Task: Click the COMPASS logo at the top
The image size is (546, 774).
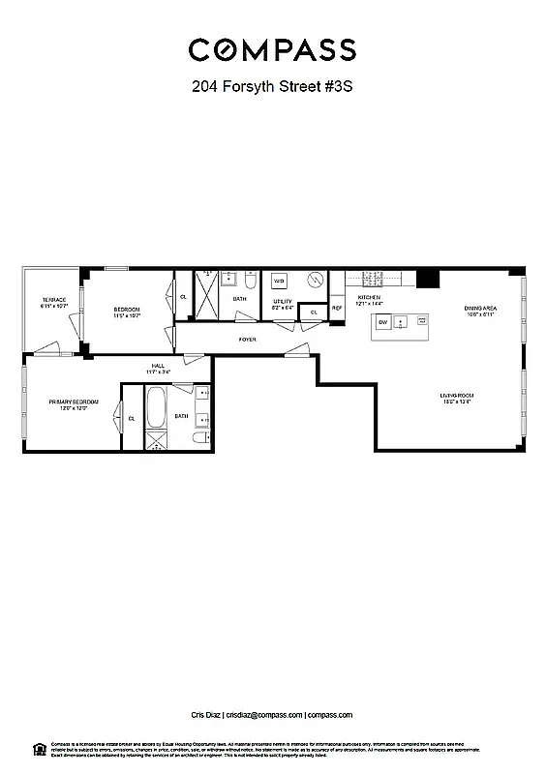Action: coord(272,49)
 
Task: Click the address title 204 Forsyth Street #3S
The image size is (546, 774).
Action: coord(272,86)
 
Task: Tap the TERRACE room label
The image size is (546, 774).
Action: coord(52,300)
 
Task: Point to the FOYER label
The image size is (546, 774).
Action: coord(248,340)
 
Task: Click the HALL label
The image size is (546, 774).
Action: coord(157,366)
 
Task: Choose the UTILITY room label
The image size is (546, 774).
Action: coord(282,302)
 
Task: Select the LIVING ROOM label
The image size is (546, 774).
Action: coord(455,396)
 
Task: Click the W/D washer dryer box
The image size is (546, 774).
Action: coord(279,282)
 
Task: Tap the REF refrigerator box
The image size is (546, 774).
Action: coord(337,308)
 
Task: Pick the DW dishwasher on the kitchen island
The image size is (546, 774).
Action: coord(382,322)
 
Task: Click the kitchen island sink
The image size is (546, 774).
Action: coord(400,321)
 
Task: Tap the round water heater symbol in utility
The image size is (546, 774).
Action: coord(315,281)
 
